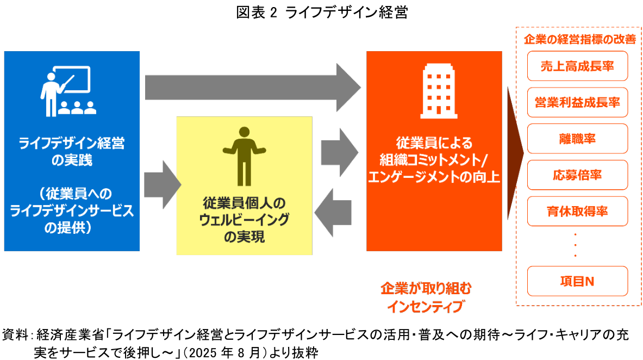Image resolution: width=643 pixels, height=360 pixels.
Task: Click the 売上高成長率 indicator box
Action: coord(577,66)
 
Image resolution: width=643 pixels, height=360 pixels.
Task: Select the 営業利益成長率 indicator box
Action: coord(577,103)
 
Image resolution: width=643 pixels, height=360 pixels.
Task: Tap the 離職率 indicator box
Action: coord(577,139)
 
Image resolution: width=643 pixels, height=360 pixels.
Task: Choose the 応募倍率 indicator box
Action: coord(577,175)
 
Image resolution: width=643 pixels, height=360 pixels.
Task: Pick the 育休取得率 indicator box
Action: coord(577,212)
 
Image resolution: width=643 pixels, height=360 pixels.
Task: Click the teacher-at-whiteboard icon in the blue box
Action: coord(67,90)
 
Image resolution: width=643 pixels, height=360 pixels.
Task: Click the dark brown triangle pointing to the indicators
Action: coord(514,152)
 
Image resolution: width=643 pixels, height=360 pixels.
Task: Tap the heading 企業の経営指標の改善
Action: coord(579,40)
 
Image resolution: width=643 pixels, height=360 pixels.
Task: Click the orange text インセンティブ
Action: coord(426,306)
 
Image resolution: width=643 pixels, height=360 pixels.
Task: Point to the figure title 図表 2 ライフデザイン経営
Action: coord(322,13)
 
